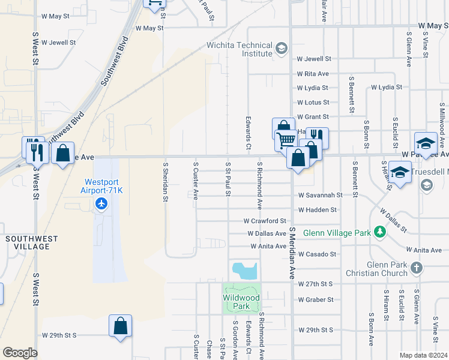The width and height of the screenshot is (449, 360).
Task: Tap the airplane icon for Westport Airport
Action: (101, 205)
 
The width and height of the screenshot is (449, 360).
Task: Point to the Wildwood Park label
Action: (241, 302)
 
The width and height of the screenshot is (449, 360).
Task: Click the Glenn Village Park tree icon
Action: (379, 232)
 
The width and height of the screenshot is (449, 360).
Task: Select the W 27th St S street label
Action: (315, 283)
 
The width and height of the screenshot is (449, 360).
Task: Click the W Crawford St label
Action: (265, 221)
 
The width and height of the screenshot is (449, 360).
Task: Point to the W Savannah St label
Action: (319, 195)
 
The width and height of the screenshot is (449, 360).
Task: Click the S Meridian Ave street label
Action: (292, 253)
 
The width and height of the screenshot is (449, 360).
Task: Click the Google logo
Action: (20, 352)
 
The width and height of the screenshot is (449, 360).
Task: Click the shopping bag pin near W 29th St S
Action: (120, 326)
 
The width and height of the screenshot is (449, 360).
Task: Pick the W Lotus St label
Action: (313, 103)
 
